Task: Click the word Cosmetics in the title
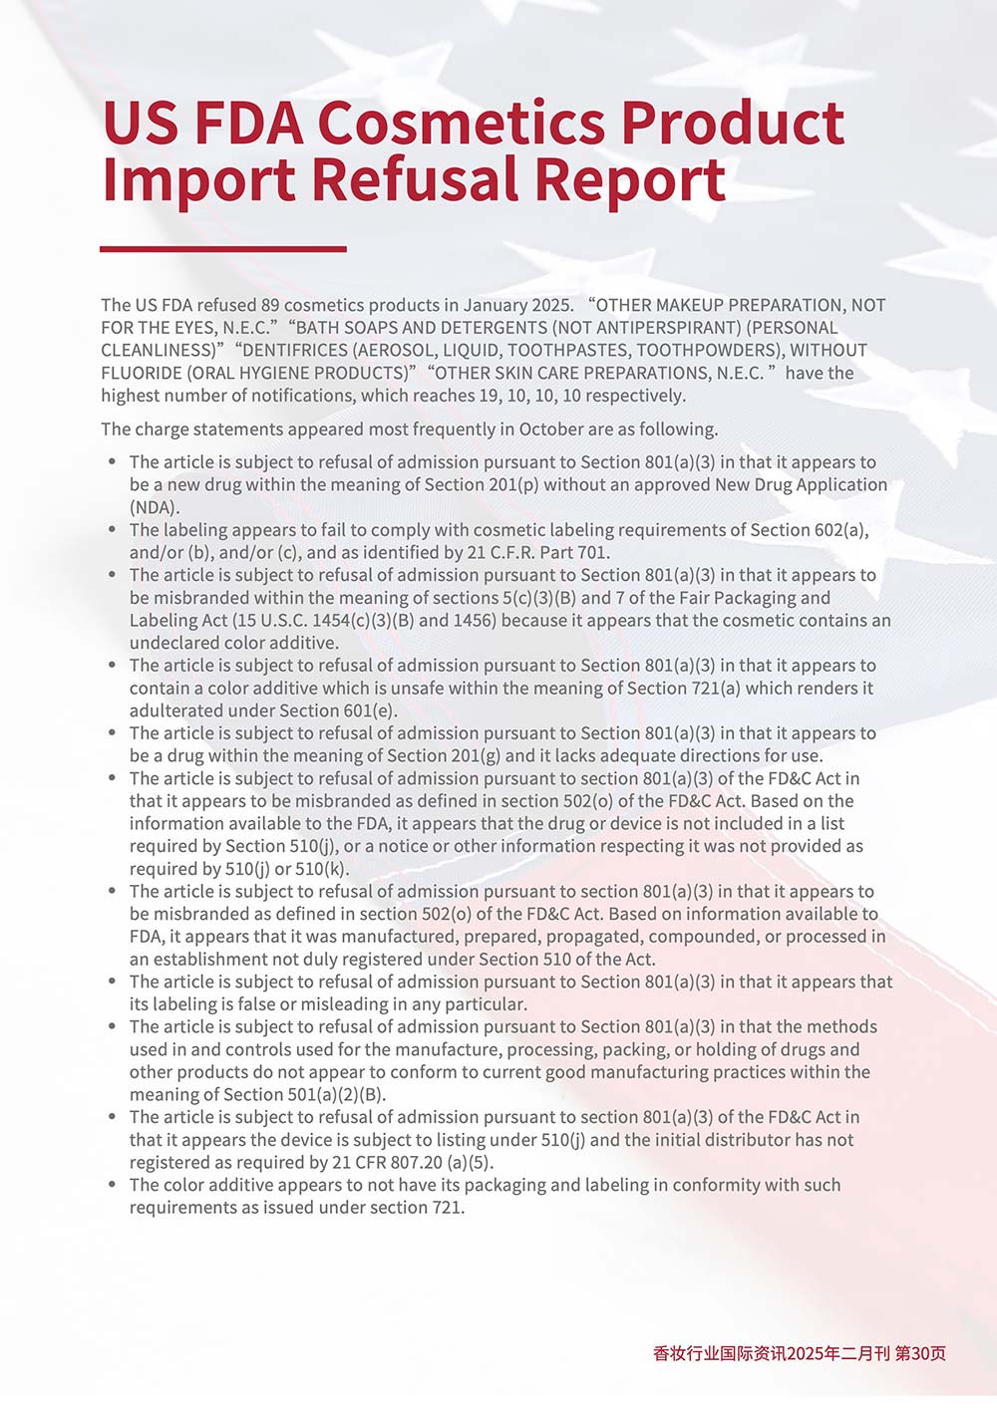[x=462, y=123]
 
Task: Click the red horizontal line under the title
[x=223, y=249]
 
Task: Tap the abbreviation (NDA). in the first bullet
[x=155, y=507]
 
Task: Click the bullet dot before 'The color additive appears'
[x=113, y=1185]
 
